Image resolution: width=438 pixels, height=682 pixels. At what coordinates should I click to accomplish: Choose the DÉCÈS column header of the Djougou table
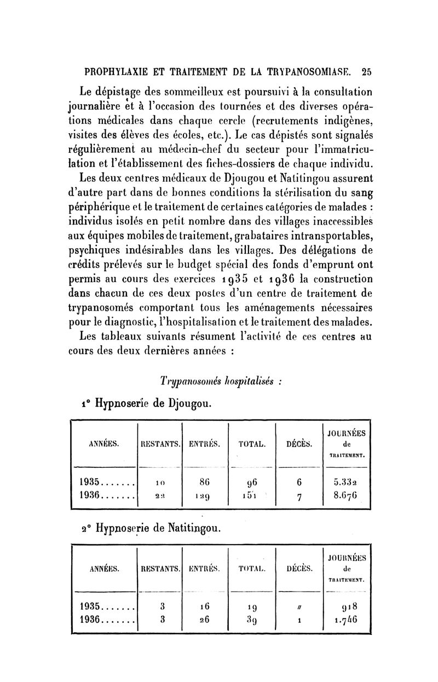pyautogui.click(x=299, y=442)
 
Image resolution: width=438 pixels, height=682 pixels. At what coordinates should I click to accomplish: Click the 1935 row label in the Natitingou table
pyautogui.click(x=89, y=607)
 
